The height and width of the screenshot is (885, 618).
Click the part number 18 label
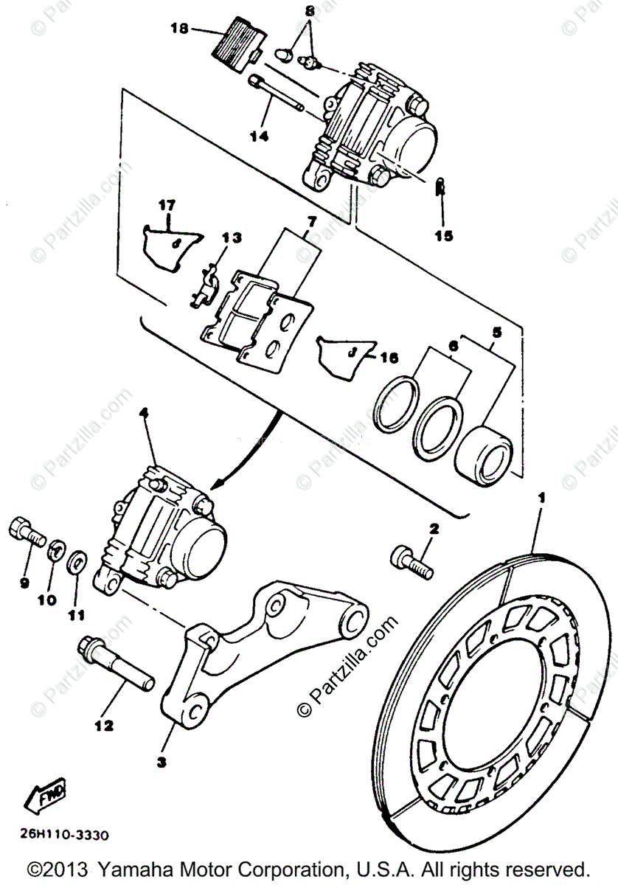(179, 29)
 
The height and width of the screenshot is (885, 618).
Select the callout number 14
(258, 136)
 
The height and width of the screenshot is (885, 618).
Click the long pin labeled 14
(277, 93)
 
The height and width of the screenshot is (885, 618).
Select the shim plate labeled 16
(343, 355)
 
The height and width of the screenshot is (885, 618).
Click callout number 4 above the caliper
(144, 416)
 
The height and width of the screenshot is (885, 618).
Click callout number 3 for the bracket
(162, 762)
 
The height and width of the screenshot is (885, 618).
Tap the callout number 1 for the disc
(542, 499)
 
